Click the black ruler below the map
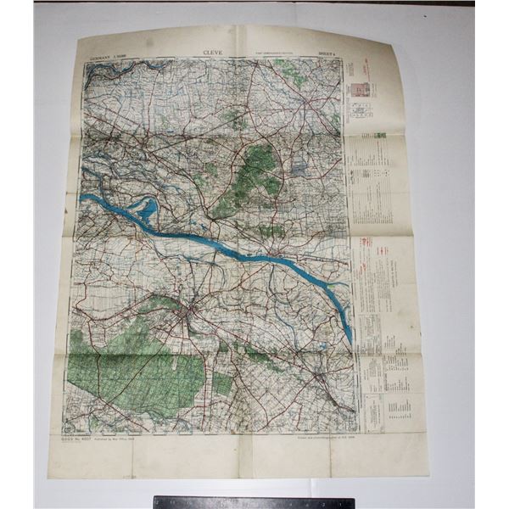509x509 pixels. pyautogui.click(x=254, y=502)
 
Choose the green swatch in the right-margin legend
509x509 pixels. pyautogui.click(x=380, y=135)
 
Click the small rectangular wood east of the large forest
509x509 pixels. pyautogui.click(x=222, y=383)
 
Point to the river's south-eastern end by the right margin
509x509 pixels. pyautogui.click(x=349, y=335)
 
